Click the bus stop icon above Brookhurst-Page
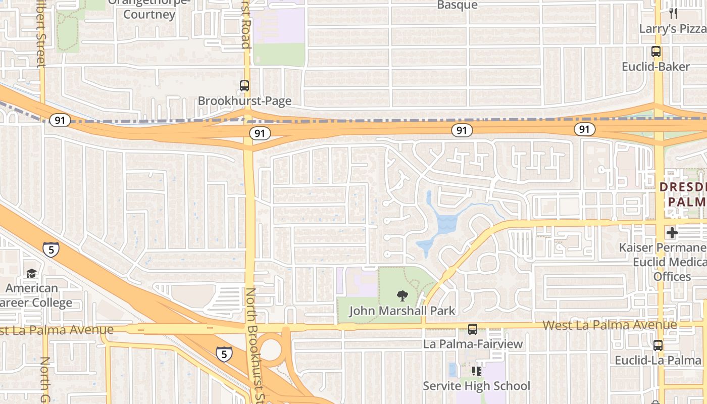(244, 86)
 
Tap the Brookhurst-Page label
(244, 101)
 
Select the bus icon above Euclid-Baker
(656, 52)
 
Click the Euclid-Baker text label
(655, 67)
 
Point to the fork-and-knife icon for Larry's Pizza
(673, 14)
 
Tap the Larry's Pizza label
(673, 28)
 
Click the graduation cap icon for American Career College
(31, 273)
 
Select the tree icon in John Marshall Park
(402, 296)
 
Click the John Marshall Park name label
(402, 311)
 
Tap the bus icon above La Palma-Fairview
(473, 329)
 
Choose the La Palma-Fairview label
(473, 344)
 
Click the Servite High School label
(476, 386)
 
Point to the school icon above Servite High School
(476, 371)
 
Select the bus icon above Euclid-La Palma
(658, 345)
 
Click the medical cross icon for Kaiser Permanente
(672, 233)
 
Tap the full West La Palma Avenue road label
(610, 325)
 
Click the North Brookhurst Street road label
(258, 343)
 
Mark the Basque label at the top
(457, 5)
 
